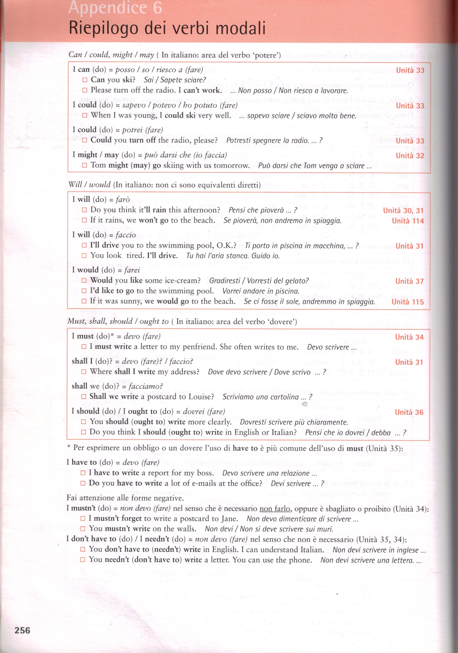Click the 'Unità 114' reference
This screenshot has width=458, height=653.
[408, 221]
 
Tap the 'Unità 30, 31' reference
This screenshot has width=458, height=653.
[403, 211]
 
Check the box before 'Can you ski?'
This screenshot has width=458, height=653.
[85, 80]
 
